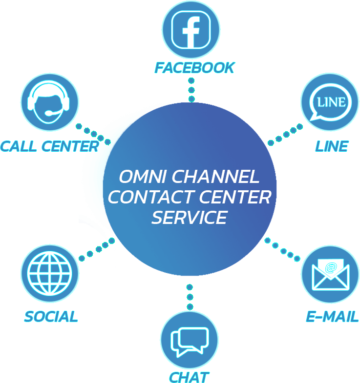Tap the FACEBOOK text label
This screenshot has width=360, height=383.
coord(194,68)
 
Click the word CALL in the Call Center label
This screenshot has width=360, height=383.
coord(19,146)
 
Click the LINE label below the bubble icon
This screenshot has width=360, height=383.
coord(332,145)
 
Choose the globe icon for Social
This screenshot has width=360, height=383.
coord(49,273)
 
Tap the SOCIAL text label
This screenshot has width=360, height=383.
coord(51,316)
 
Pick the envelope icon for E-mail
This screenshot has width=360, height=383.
coord(330,275)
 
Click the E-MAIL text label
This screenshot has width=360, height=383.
coord(332,316)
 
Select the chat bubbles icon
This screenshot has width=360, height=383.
coord(190,341)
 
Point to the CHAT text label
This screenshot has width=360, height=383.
coord(189,377)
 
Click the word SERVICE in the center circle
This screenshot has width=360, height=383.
coord(189,218)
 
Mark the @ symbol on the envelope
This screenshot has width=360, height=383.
coord(331,267)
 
